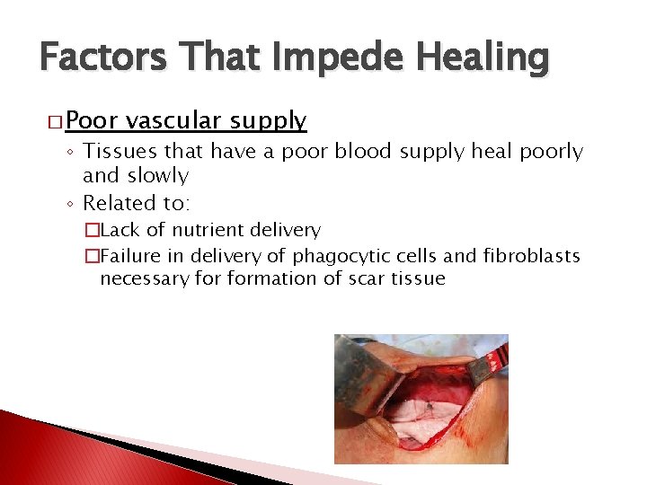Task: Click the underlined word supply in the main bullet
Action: (x=268, y=120)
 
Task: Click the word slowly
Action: (x=158, y=175)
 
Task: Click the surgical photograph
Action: (x=421, y=398)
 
